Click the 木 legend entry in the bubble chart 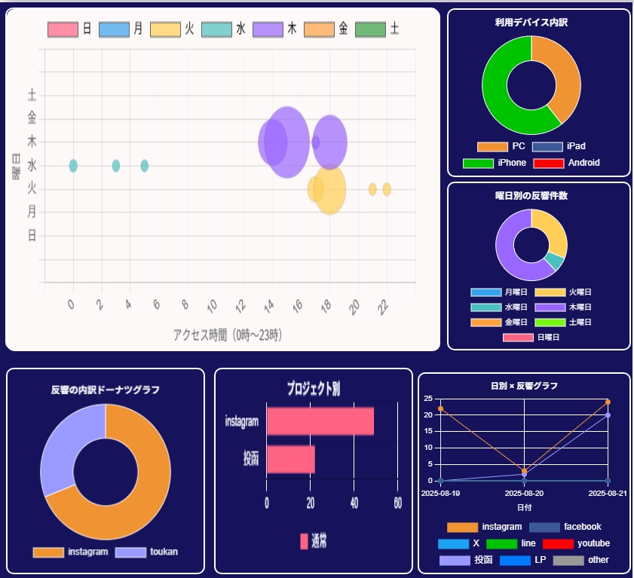tap(278, 29)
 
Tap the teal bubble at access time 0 tap(73, 166)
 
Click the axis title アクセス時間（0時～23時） tap(228, 334)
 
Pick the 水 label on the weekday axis tap(32, 164)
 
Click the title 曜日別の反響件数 tap(537, 196)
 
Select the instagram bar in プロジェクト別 tap(320, 421)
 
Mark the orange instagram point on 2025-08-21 tap(608, 402)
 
